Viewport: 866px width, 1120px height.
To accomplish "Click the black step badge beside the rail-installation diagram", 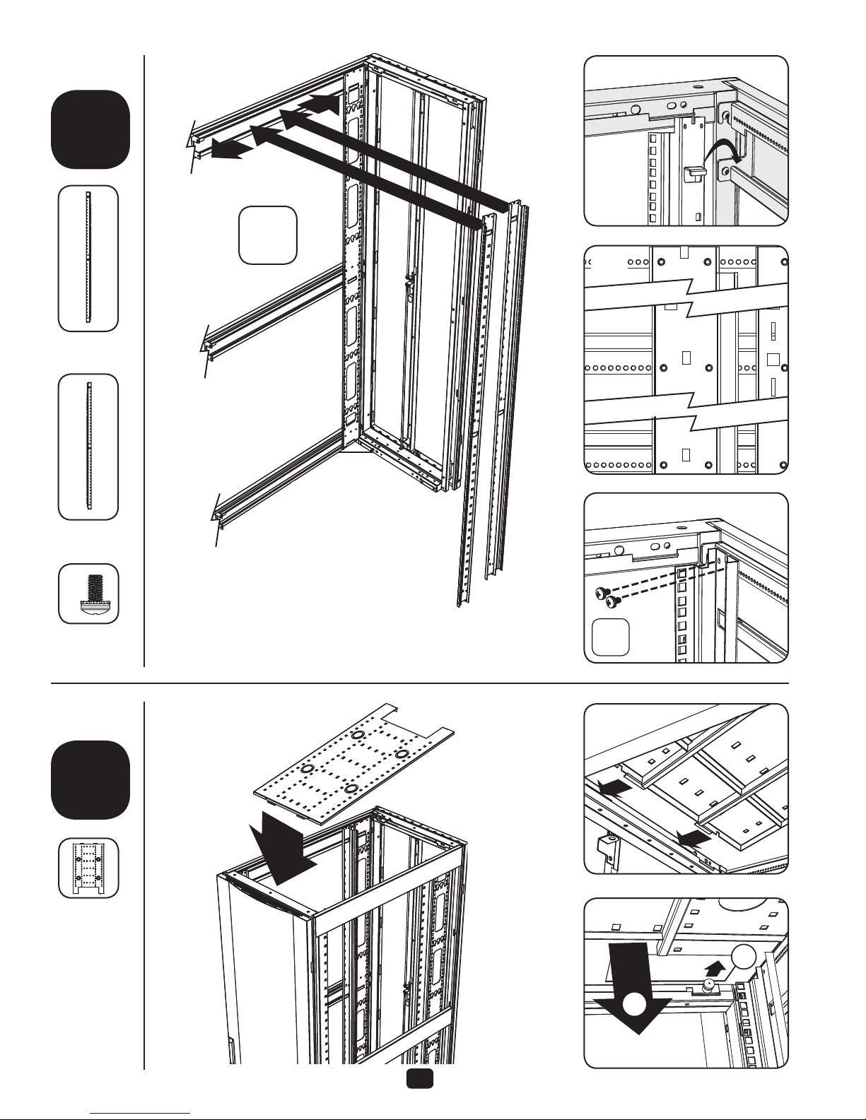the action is pyautogui.click(x=90, y=129).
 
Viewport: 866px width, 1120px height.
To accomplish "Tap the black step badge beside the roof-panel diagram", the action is pyautogui.click(x=90, y=779).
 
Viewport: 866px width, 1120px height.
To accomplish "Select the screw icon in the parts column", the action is pyautogui.click(x=88, y=593).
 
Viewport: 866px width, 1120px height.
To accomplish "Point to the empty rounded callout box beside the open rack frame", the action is pyautogui.click(x=267, y=235).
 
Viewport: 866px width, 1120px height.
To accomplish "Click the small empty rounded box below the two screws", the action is pyautogui.click(x=610, y=637).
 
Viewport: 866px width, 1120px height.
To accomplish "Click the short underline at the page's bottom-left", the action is pyautogui.click(x=141, y=1112).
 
